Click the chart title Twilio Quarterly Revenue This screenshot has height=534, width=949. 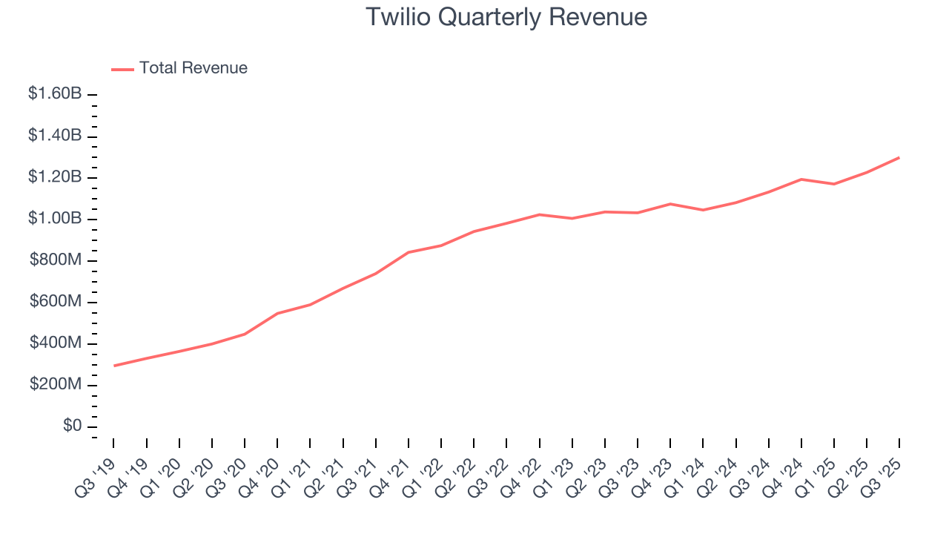[506, 17]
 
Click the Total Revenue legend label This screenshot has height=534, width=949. [193, 68]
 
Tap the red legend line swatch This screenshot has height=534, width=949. [122, 69]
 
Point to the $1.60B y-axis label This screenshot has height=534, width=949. [55, 94]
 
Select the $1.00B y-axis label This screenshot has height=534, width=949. [55, 219]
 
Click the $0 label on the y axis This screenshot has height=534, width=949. [72, 426]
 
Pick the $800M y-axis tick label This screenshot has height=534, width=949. [56, 260]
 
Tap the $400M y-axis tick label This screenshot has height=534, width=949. [56, 343]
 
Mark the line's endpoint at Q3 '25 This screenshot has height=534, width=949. [899, 157]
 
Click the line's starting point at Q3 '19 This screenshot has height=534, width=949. [114, 366]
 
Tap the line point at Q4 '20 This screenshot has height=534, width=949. [277, 313]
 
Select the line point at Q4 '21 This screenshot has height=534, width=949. [409, 252]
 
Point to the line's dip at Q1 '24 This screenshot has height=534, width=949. [703, 210]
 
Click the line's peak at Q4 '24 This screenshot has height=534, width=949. [801, 179]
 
